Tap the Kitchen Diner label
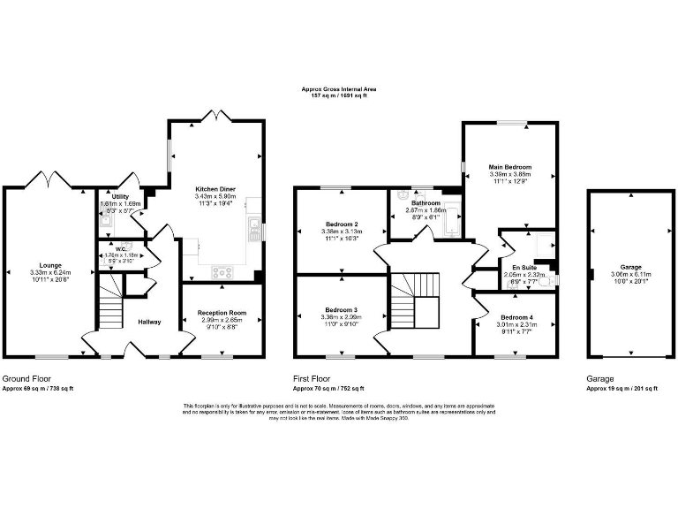[215, 188]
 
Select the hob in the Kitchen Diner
[221, 272]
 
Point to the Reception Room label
[222, 313]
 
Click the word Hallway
[149, 321]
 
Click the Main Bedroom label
[510, 166]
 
